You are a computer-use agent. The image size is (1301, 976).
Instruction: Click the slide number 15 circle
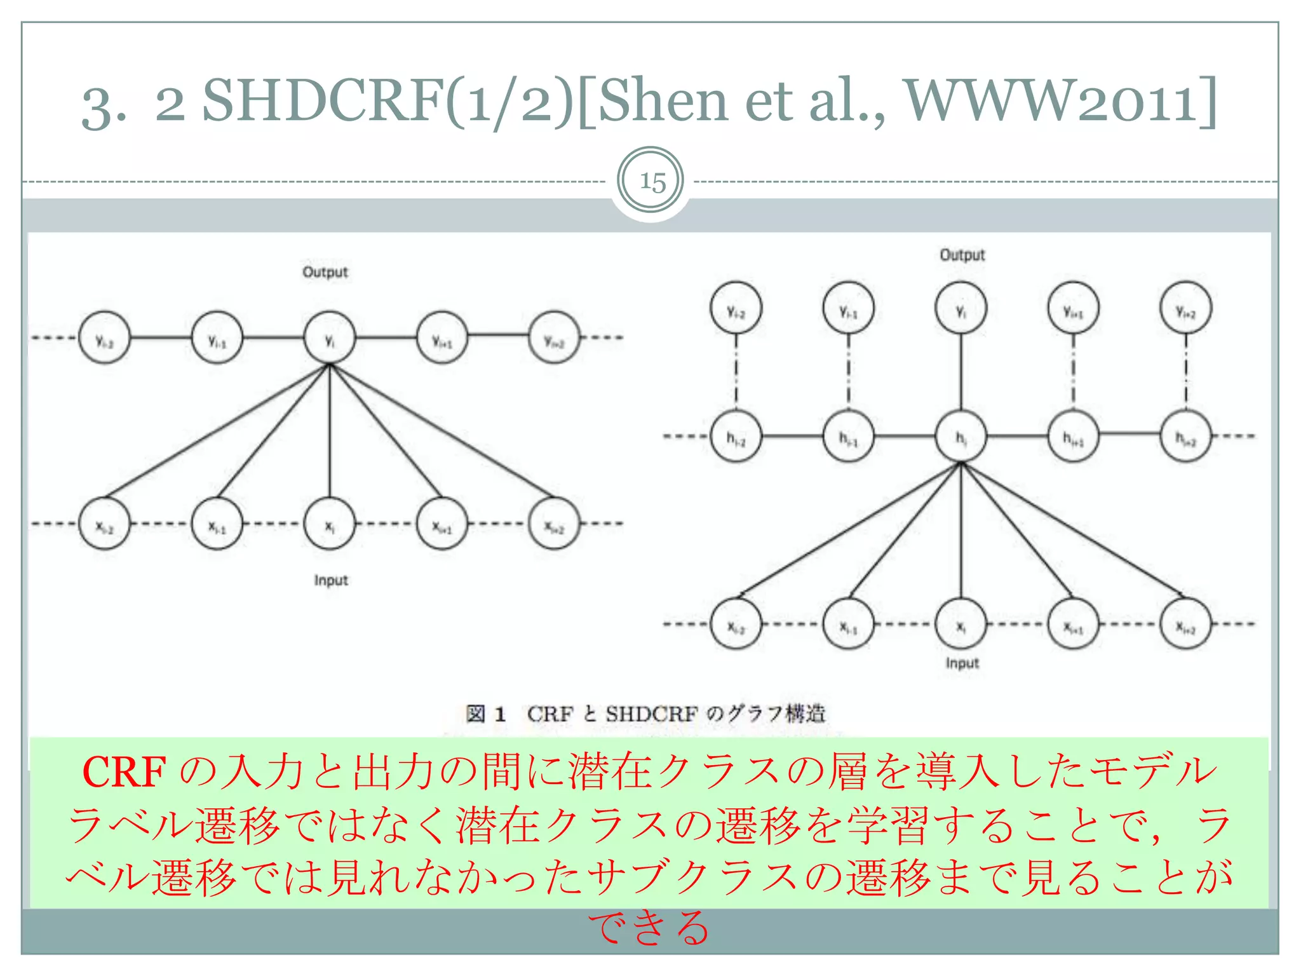650,182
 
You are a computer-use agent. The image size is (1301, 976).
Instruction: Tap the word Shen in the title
662,100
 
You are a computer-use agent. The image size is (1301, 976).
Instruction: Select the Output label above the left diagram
325,272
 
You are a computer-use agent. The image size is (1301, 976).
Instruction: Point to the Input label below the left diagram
330,580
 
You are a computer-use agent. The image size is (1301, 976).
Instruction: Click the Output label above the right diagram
962,255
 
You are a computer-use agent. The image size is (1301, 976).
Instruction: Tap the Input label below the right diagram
962,663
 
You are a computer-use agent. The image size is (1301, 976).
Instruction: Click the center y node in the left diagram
329,338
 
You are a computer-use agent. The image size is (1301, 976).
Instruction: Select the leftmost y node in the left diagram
104,338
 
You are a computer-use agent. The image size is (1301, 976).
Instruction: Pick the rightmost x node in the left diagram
554,524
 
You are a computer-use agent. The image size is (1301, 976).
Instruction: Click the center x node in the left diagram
329,524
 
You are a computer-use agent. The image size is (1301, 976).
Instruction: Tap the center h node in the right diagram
961,437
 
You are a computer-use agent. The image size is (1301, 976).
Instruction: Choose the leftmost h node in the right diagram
736,437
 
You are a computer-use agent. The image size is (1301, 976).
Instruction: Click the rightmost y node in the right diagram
1185,309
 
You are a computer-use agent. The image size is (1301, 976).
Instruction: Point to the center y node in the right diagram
961,309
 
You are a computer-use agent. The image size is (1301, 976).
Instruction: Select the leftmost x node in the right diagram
736,625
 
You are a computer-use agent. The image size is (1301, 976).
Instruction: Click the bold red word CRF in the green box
125,772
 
